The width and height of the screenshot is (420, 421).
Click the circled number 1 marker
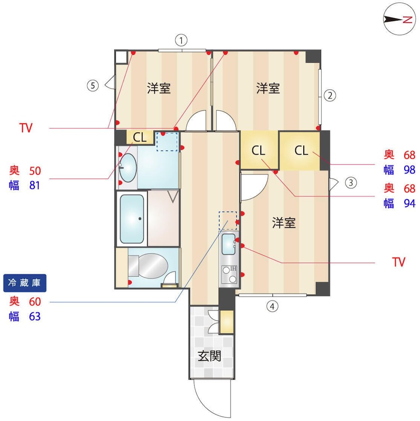click(x=181, y=40)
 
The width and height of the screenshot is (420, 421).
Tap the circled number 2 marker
click(x=330, y=96)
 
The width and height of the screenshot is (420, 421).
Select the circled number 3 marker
click(x=350, y=183)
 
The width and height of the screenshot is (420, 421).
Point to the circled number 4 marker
click(x=272, y=306)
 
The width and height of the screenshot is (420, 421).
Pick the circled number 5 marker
click(x=93, y=85)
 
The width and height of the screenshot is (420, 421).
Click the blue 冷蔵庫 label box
click(x=25, y=283)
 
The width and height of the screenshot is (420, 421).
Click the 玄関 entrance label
click(x=209, y=356)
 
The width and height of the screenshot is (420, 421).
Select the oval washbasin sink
click(x=128, y=168)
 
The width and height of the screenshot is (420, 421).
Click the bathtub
click(x=132, y=219)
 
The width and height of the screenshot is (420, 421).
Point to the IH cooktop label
click(x=233, y=269)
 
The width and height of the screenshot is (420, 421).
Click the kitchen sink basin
click(x=229, y=244)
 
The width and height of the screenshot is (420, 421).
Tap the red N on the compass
click(x=407, y=20)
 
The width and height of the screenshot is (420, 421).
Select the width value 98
click(x=409, y=170)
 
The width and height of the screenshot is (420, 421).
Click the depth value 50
click(x=35, y=171)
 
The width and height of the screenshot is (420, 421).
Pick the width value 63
click(x=35, y=317)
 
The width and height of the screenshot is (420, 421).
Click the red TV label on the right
click(x=399, y=262)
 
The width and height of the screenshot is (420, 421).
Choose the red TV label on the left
click(x=26, y=128)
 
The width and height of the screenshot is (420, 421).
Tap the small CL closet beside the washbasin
click(x=140, y=138)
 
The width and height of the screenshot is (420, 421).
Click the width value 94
click(x=409, y=203)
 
